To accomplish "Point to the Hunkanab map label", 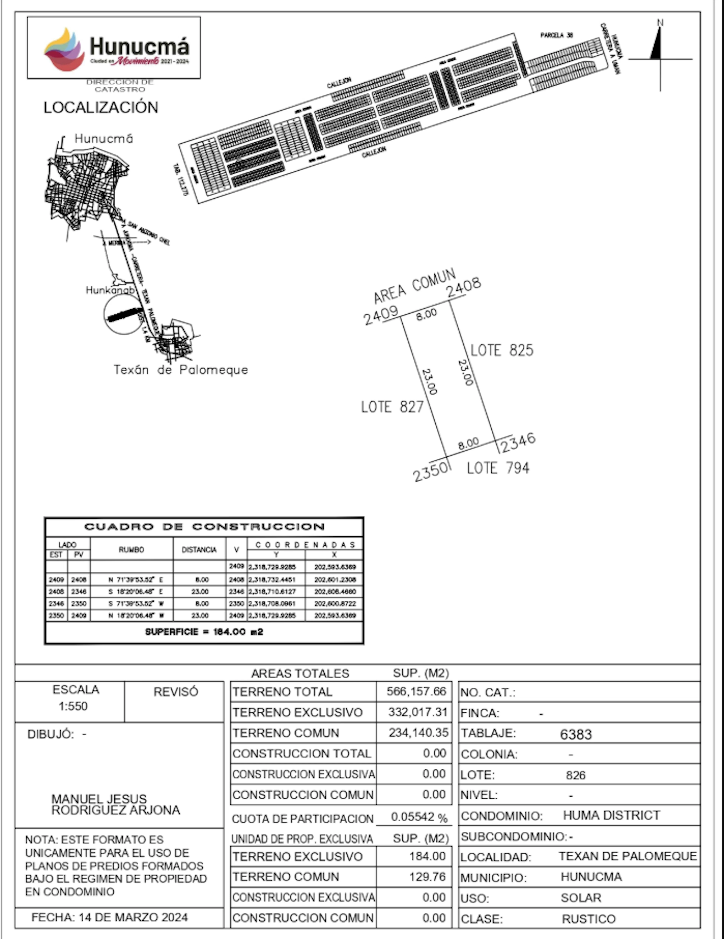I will pyautogui.click(x=110, y=290).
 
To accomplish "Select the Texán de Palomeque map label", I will pyautogui.click(x=181, y=370).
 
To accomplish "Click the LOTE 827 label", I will pyautogui.click(x=392, y=407).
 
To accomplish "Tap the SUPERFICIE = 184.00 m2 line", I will pyautogui.click(x=204, y=632).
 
